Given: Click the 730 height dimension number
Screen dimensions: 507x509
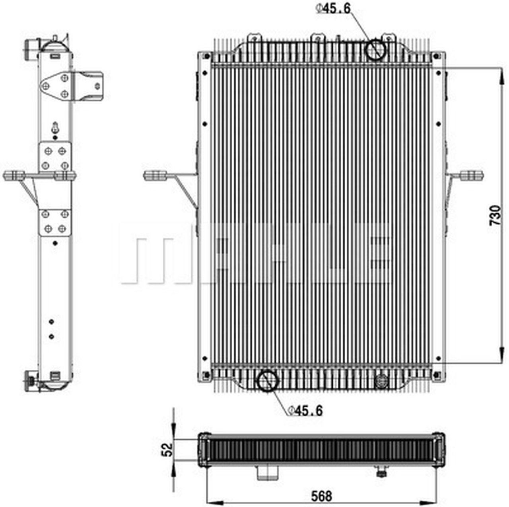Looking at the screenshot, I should pyautogui.click(x=495, y=215).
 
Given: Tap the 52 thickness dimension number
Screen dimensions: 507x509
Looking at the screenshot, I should pyautogui.click(x=169, y=450).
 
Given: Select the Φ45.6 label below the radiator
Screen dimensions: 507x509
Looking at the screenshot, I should pyautogui.click(x=305, y=410).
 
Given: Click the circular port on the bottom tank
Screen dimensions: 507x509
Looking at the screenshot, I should pyautogui.click(x=267, y=381).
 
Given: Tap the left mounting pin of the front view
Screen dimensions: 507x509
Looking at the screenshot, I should pyautogui.click(x=156, y=175).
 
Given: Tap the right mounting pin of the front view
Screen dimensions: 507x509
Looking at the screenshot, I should pyautogui.click(x=472, y=175).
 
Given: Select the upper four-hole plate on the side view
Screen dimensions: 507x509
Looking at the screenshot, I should pyautogui.click(x=55, y=158).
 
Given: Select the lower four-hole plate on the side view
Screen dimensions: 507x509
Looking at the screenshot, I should pyautogui.click(x=55, y=222).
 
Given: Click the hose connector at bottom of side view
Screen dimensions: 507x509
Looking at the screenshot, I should pyautogui.click(x=31, y=381).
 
